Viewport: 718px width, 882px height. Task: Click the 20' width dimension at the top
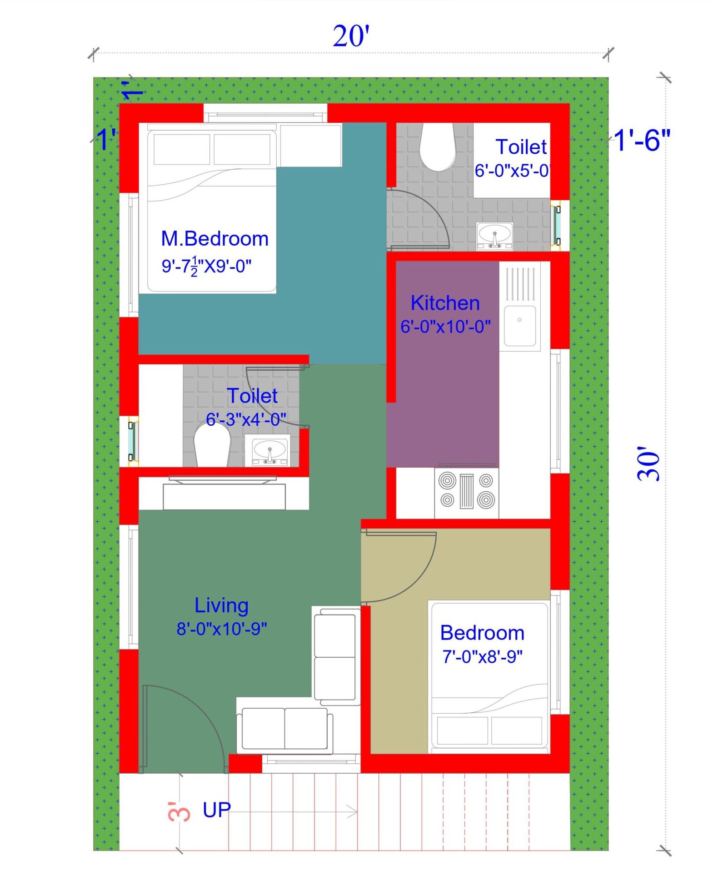(x=351, y=36)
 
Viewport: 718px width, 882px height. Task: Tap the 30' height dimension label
(x=648, y=464)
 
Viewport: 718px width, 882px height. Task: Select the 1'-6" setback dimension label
(x=642, y=140)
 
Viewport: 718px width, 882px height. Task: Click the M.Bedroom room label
(x=214, y=239)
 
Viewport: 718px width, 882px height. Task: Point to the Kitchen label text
(x=445, y=303)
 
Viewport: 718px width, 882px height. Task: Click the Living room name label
(x=221, y=605)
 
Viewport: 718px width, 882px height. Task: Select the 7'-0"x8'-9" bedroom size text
(x=482, y=657)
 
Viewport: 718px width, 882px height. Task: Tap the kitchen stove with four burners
(x=466, y=491)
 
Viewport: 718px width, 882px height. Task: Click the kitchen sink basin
(x=519, y=326)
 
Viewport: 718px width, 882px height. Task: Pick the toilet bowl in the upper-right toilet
(x=437, y=148)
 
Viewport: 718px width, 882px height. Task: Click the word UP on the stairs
(x=217, y=810)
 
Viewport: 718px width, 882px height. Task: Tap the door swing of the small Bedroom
(x=400, y=566)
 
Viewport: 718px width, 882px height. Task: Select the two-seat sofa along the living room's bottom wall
(x=284, y=728)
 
